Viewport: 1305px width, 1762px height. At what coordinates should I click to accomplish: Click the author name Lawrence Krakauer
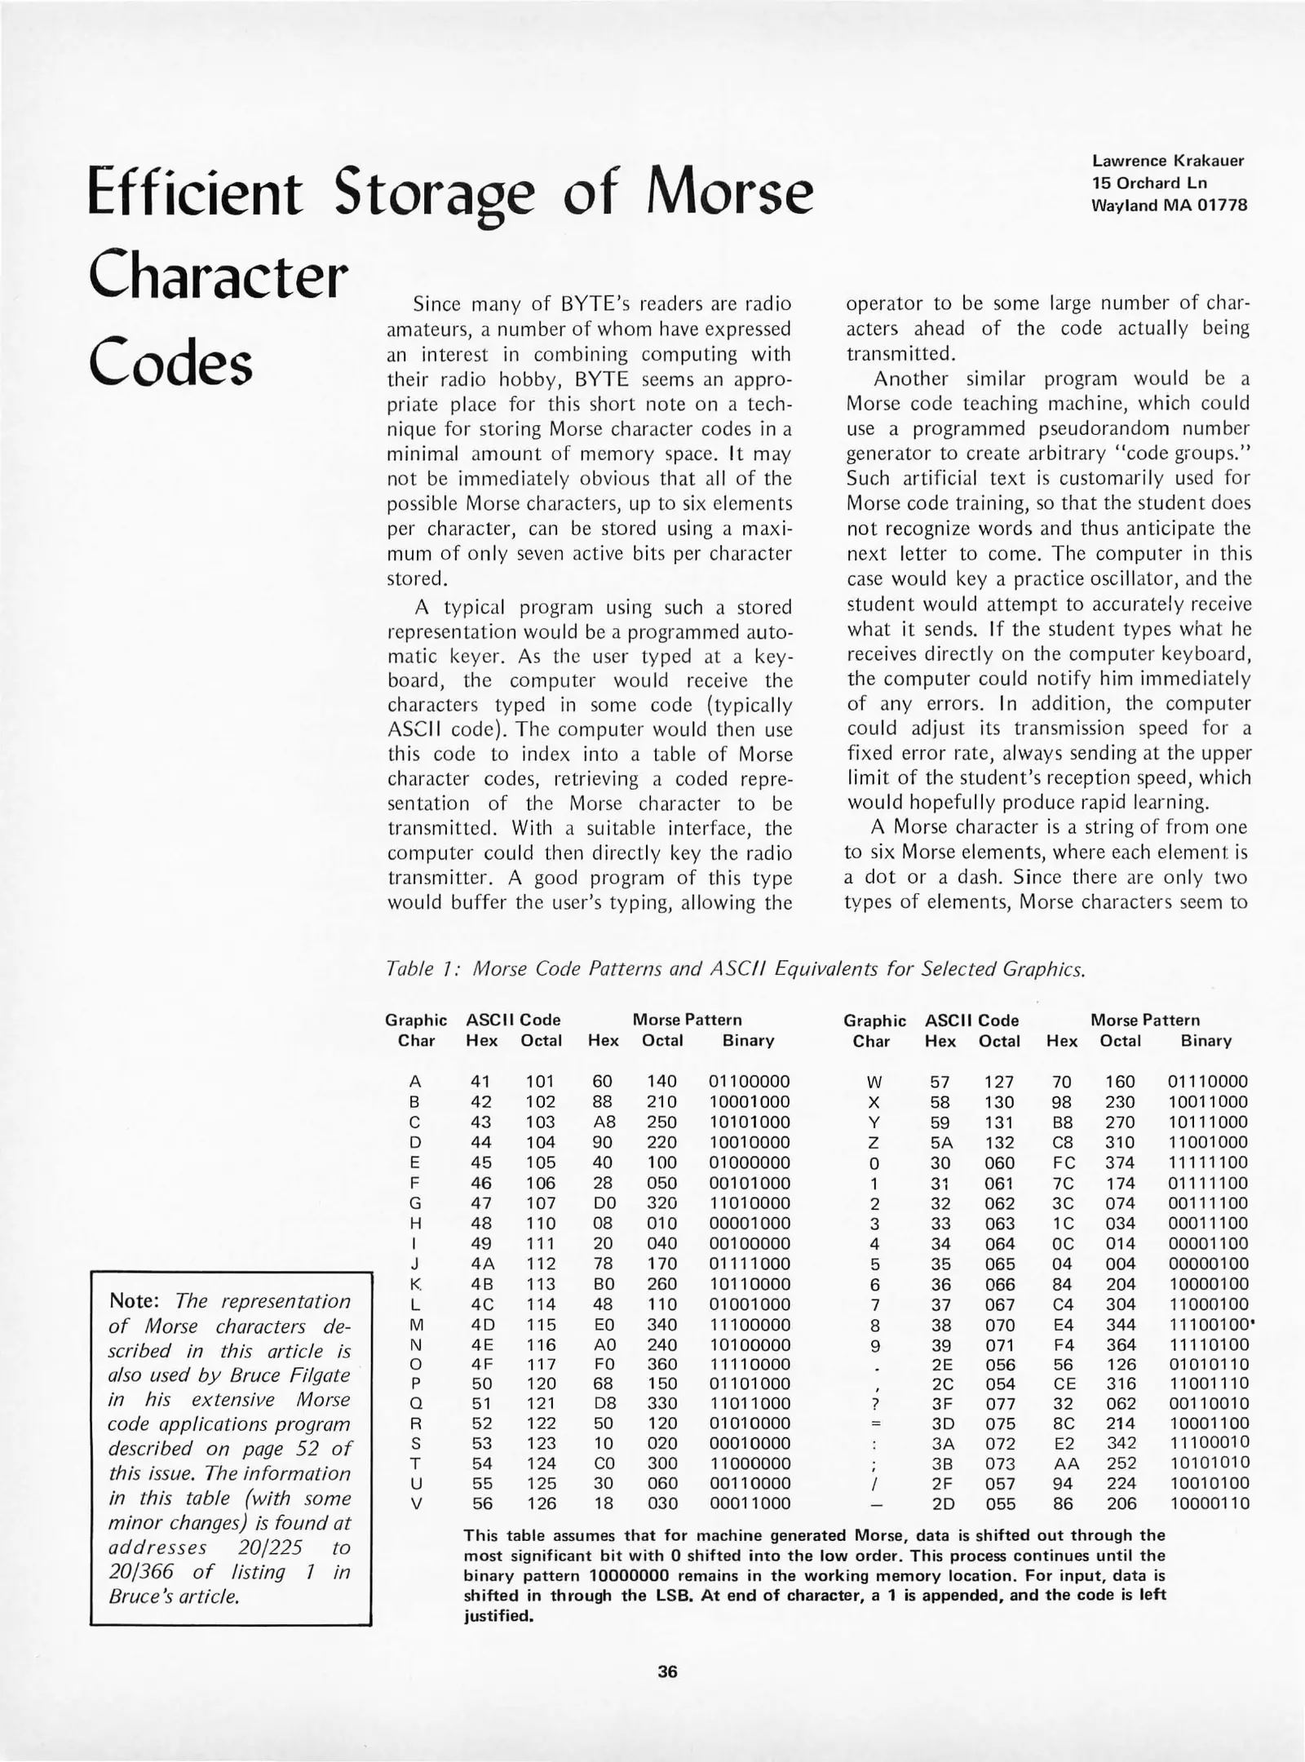click(x=1168, y=161)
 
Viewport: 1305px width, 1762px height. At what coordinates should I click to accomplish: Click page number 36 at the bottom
click(x=667, y=1671)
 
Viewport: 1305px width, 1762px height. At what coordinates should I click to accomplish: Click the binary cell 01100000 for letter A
click(x=749, y=1082)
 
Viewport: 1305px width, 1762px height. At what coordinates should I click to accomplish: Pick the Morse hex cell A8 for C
click(x=604, y=1122)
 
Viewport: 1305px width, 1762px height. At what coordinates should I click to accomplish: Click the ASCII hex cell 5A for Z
click(x=941, y=1142)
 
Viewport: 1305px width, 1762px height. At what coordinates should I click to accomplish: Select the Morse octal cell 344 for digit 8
click(x=1121, y=1325)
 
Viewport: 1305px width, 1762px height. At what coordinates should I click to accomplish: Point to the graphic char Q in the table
click(x=415, y=1404)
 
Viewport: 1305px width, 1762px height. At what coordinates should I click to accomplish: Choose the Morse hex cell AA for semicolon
click(x=1064, y=1463)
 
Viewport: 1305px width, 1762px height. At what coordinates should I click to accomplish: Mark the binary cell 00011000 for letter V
click(x=749, y=1503)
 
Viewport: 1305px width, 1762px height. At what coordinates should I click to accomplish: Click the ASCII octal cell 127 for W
click(x=998, y=1082)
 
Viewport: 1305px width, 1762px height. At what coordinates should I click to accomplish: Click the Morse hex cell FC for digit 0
click(x=1064, y=1162)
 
